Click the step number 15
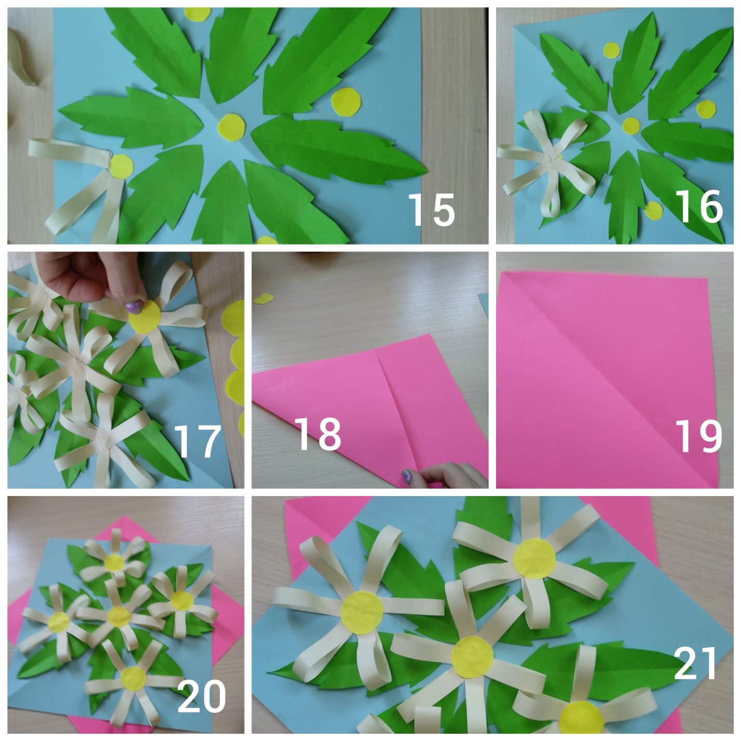click(x=431, y=210)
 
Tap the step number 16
click(x=698, y=207)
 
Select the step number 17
click(x=197, y=442)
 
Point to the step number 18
click(x=318, y=434)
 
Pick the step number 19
click(x=698, y=436)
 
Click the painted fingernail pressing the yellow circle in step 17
click(x=134, y=307)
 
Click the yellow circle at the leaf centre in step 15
click(x=231, y=127)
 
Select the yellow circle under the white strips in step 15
click(x=121, y=166)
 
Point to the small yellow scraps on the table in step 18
click(x=263, y=298)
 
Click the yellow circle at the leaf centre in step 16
click(x=631, y=126)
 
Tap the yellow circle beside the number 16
click(x=654, y=211)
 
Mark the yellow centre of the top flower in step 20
click(x=115, y=563)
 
